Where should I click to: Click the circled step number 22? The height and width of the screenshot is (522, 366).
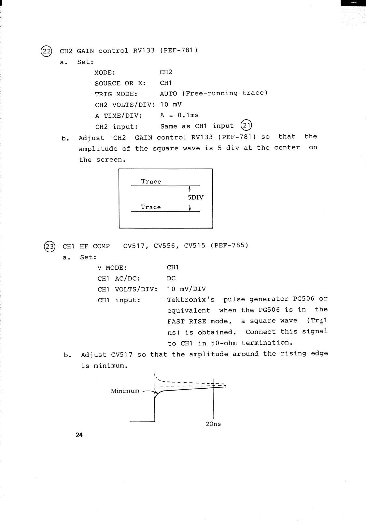pos(46,52)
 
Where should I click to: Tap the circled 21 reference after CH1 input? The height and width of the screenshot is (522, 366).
pos(246,126)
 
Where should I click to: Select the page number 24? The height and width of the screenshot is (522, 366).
pos(79,435)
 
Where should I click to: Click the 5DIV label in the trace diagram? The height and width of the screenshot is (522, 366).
pos(196,198)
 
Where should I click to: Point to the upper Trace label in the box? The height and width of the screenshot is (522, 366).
pos(151,182)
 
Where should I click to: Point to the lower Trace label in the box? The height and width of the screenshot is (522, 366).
pos(151,207)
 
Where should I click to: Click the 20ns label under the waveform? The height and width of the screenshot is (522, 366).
pos(213,424)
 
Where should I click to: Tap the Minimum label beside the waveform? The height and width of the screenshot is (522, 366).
pos(125,391)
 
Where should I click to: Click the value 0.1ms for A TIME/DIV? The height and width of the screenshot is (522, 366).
pos(188,115)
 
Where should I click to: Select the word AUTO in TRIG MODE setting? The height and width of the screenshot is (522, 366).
pos(168,94)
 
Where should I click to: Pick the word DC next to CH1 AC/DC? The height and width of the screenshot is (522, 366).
pos(171,278)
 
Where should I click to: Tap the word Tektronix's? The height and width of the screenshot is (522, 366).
pos(191,300)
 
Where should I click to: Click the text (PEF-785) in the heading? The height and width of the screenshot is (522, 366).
pos(229,245)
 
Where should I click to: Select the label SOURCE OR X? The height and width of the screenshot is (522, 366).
pos(120,83)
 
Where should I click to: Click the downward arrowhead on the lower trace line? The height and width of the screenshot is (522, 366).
pos(190,209)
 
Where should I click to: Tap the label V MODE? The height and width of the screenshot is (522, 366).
pos(112,268)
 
